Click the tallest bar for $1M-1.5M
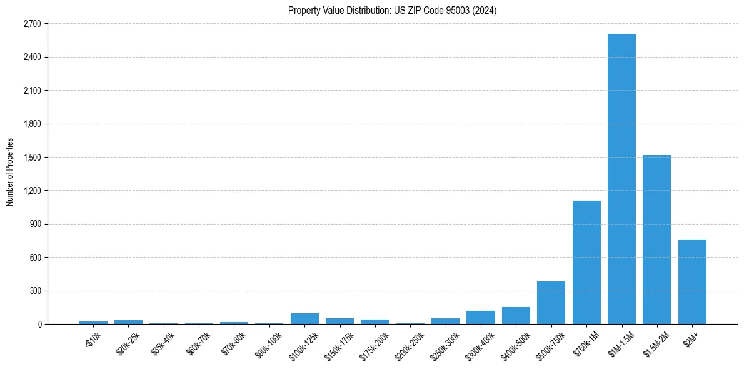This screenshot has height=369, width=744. coord(621,179)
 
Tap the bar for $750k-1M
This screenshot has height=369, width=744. coord(586,262)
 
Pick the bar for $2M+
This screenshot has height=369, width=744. coord(692,281)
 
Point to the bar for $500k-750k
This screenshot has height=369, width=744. coord(551,303)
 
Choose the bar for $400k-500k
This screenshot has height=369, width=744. coord(516,315)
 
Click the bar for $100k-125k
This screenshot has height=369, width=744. coord(304,318)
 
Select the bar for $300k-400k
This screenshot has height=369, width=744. coord(481,317)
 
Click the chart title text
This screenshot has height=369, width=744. coord(392,10)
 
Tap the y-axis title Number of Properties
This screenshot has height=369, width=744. coord(10,172)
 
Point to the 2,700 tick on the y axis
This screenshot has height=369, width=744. coord(31,24)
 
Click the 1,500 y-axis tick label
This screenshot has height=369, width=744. coord(31,158)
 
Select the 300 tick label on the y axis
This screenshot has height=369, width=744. coord(34,291)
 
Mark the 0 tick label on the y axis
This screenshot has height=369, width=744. coord(39,324)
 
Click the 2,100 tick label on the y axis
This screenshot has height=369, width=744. coord(31,91)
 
